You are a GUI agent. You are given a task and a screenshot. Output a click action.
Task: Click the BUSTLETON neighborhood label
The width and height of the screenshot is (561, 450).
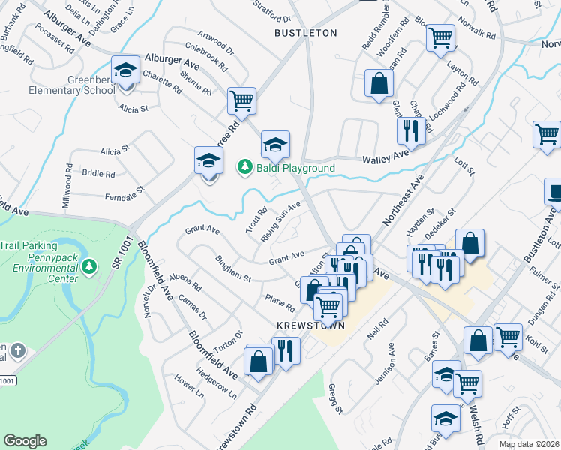(x=305, y=33)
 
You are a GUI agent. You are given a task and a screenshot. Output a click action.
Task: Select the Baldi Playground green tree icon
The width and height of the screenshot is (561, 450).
(x=243, y=168)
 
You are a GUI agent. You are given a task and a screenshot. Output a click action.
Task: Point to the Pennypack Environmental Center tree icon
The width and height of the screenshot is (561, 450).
(x=88, y=266)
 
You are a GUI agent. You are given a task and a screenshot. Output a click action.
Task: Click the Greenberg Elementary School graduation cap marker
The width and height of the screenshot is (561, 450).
(x=125, y=72)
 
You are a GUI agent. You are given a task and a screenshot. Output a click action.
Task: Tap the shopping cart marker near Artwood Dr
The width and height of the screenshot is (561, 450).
(x=241, y=101)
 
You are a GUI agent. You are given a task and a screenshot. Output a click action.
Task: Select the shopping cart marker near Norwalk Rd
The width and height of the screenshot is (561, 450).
(x=440, y=37)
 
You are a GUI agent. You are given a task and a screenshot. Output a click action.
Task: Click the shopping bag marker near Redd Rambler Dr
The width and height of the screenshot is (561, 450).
(x=379, y=84)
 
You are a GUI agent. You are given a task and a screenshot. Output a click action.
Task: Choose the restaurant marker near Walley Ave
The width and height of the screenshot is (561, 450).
(x=411, y=130)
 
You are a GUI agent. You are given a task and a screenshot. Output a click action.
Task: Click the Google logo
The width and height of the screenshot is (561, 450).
(x=25, y=440)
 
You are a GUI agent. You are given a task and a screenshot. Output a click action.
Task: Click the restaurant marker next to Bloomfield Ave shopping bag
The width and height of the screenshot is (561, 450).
(x=286, y=350)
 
